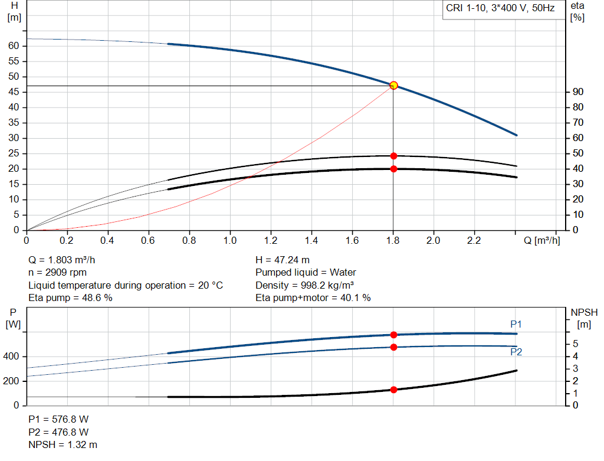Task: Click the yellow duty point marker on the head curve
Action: (393, 86)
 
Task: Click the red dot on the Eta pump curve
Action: (393, 156)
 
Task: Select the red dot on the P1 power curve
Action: (393, 335)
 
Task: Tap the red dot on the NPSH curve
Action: (393, 390)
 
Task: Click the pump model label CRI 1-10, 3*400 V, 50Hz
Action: (500, 10)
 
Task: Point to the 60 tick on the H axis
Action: (14, 46)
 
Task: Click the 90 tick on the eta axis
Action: (578, 92)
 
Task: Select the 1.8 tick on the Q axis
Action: (393, 241)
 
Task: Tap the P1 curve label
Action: (516, 324)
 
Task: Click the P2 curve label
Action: (516, 352)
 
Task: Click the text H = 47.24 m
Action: (283, 260)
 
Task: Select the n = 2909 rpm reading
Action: (58, 273)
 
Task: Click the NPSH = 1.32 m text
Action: (63, 444)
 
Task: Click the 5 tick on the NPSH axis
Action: (575, 344)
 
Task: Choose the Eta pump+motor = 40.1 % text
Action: (313, 298)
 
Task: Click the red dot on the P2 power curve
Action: (393, 347)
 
